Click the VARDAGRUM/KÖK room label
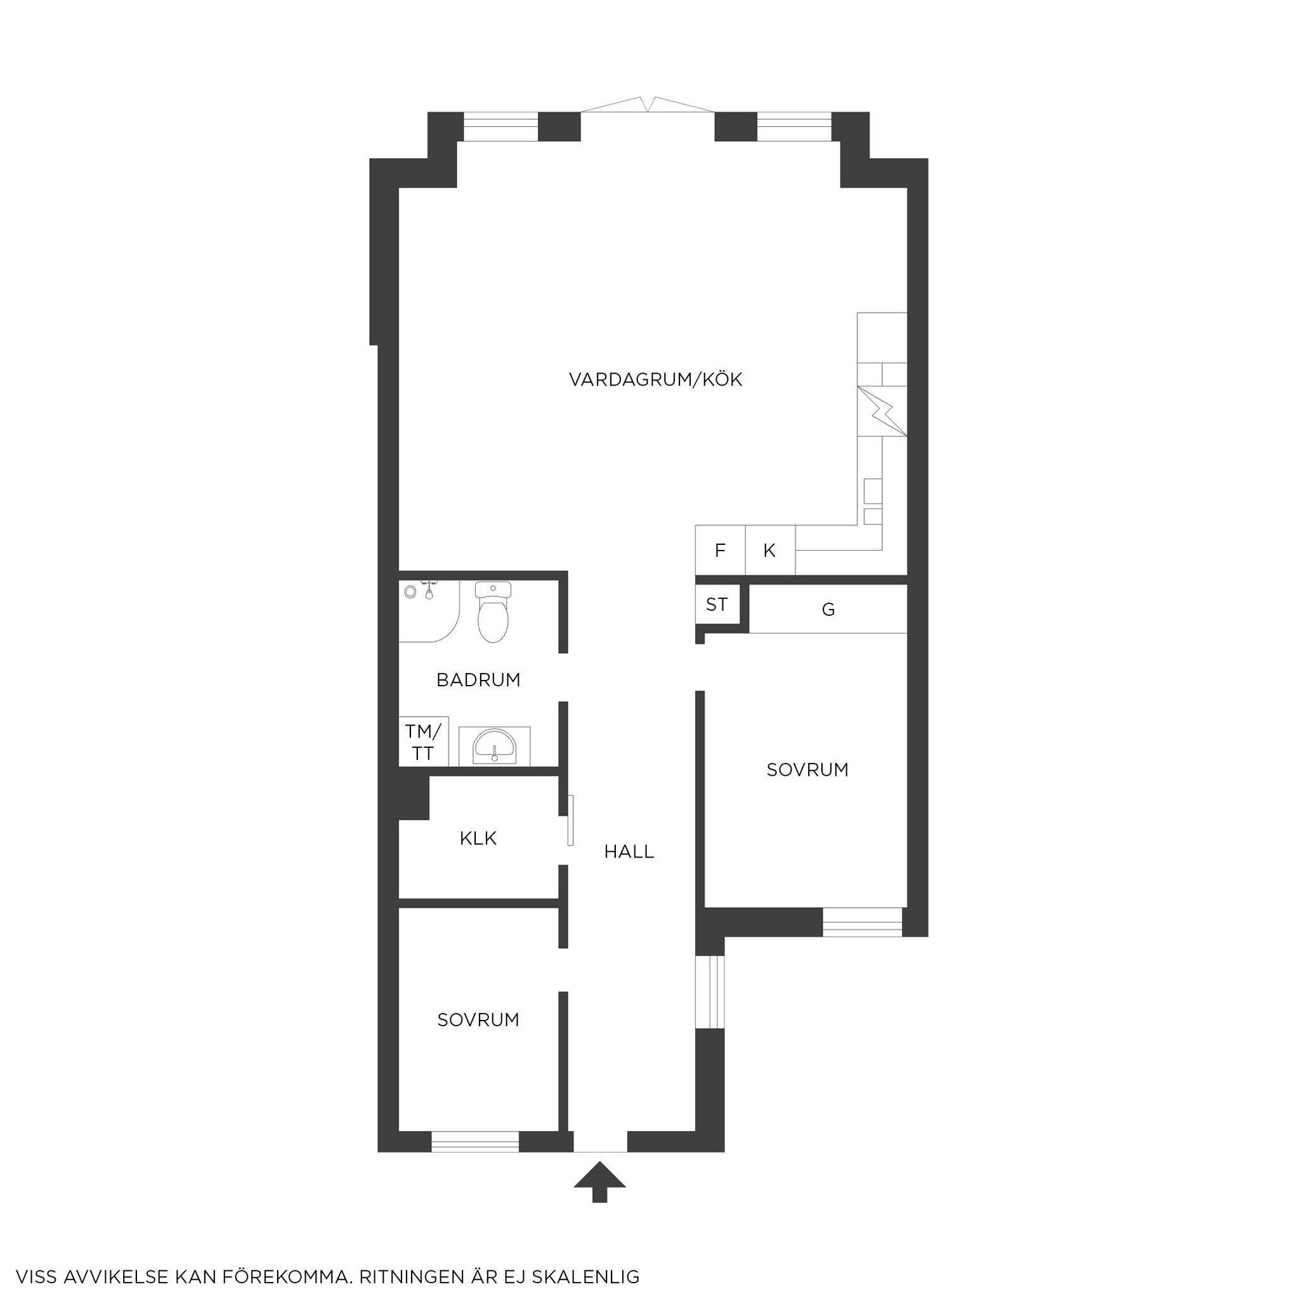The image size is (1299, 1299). click(x=656, y=380)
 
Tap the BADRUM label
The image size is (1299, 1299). click(x=478, y=680)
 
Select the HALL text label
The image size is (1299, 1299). click(x=629, y=852)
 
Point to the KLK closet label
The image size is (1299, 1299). click(x=478, y=839)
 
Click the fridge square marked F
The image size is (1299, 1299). click(x=720, y=550)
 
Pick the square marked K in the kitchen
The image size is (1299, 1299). click(x=771, y=550)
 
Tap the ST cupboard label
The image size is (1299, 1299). click(x=717, y=604)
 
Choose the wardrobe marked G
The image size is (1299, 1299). click(x=828, y=609)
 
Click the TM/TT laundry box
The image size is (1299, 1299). click(x=423, y=741)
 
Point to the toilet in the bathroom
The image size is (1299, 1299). click(x=493, y=611)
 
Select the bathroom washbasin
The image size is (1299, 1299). click(x=495, y=747)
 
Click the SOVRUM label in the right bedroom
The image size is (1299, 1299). click(x=807, y=770)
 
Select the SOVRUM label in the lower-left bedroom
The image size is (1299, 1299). click(x=478, y=1020)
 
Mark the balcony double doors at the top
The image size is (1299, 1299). click(x=648, y=105)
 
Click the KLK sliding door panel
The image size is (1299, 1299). click(x=570, y=821)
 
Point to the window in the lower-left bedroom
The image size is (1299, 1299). click(x=475, y=1142)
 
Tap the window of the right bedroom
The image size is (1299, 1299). click(x=862, y=922)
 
